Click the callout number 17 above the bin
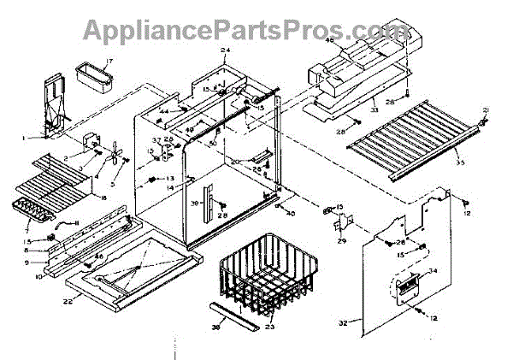(x=109, y=62)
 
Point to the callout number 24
(x=226, y=51)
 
